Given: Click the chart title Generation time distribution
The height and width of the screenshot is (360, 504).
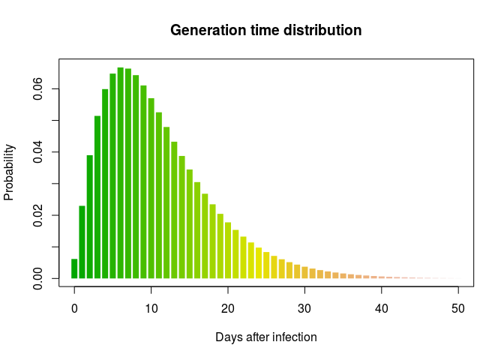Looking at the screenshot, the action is [x=265, y=31].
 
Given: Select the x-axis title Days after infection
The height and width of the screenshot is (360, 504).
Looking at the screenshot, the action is [x=266, y=337].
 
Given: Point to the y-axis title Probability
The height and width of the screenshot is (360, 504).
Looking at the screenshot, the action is [x=9, y=172].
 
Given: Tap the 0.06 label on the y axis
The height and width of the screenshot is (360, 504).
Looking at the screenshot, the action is [x=38, y=88].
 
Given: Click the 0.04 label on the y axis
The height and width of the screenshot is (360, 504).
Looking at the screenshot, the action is [x=38, y=152].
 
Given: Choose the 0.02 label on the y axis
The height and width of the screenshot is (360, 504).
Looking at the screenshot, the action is [x=38, y=215].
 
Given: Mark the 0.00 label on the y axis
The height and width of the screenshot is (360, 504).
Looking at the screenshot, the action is [x=38, y=278].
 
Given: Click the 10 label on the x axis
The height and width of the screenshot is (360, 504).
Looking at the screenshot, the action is [x=151, y=309].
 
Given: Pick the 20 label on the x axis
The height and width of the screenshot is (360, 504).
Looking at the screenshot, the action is [x=228, y=309].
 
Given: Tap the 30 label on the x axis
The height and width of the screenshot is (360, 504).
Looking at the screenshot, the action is [x=304, y=309].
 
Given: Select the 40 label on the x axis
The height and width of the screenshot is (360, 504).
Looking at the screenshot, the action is [x=382, y=309].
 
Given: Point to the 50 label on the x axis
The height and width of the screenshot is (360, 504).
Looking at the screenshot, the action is [x=458, y=309].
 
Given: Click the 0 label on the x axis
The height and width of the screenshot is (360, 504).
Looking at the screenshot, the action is [x=74, y=309].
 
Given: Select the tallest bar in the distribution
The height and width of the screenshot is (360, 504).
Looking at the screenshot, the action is [x=121, y=173].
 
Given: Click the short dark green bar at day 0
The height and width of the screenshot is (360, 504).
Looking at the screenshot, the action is [x=74, y=268].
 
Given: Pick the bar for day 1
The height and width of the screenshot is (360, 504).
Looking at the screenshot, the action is [x=82, y=242].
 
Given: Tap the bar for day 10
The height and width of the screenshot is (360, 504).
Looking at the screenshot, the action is [x=151, y=188].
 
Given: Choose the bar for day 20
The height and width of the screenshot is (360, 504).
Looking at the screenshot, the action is [x=228, y=250].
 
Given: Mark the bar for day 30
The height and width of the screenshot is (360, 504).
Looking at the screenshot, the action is [x=304, y=272].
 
